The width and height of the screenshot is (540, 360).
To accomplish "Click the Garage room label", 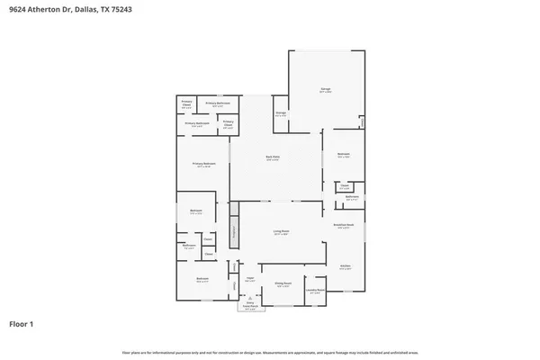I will (326, 90).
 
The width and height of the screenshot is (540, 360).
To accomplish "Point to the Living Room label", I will (281, 232).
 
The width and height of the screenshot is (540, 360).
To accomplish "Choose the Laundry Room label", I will (315, 291).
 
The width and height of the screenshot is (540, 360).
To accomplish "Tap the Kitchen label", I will (345, 267).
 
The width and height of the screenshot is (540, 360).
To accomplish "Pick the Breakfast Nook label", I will (344, 226).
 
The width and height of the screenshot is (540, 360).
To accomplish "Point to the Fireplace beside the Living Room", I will (233, 229).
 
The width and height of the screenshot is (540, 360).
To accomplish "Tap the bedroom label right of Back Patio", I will (343, 156).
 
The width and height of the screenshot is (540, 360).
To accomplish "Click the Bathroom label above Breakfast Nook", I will (352, 197).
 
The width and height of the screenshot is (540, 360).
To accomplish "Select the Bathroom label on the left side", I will (190, 247).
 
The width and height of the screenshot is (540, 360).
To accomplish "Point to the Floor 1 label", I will (22, 323).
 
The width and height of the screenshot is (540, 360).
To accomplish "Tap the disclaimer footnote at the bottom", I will (270, 352).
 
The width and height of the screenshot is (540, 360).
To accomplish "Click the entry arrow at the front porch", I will (251, 298).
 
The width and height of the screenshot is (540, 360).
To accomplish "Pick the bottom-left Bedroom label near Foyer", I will (202, 280).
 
